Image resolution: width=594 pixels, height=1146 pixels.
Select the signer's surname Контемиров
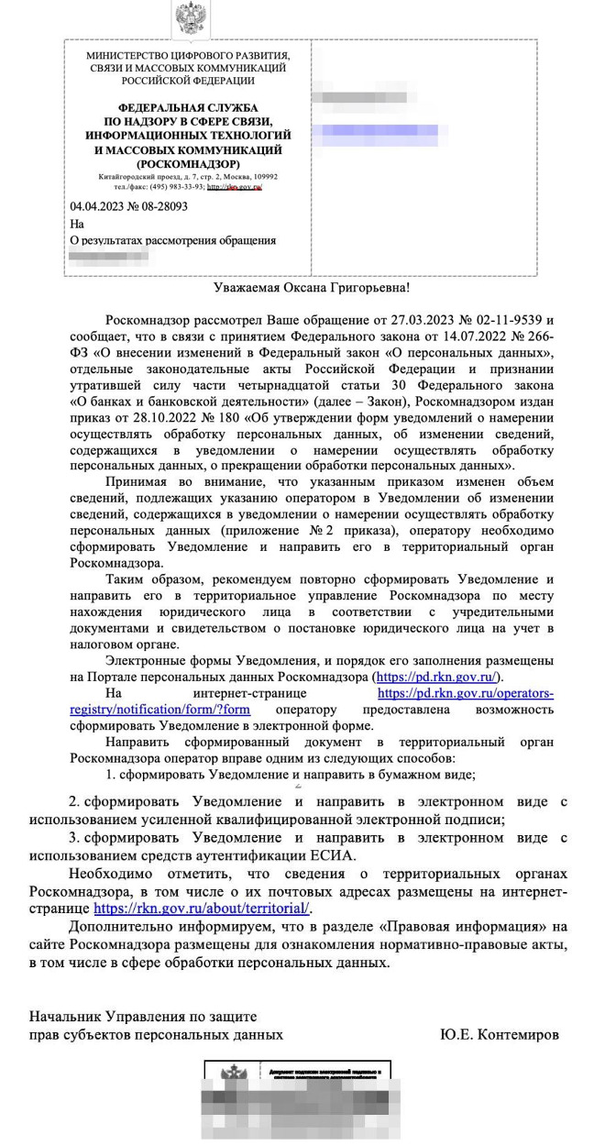(x=515, y=1034)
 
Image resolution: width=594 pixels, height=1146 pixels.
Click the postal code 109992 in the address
(x=264, y=176)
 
